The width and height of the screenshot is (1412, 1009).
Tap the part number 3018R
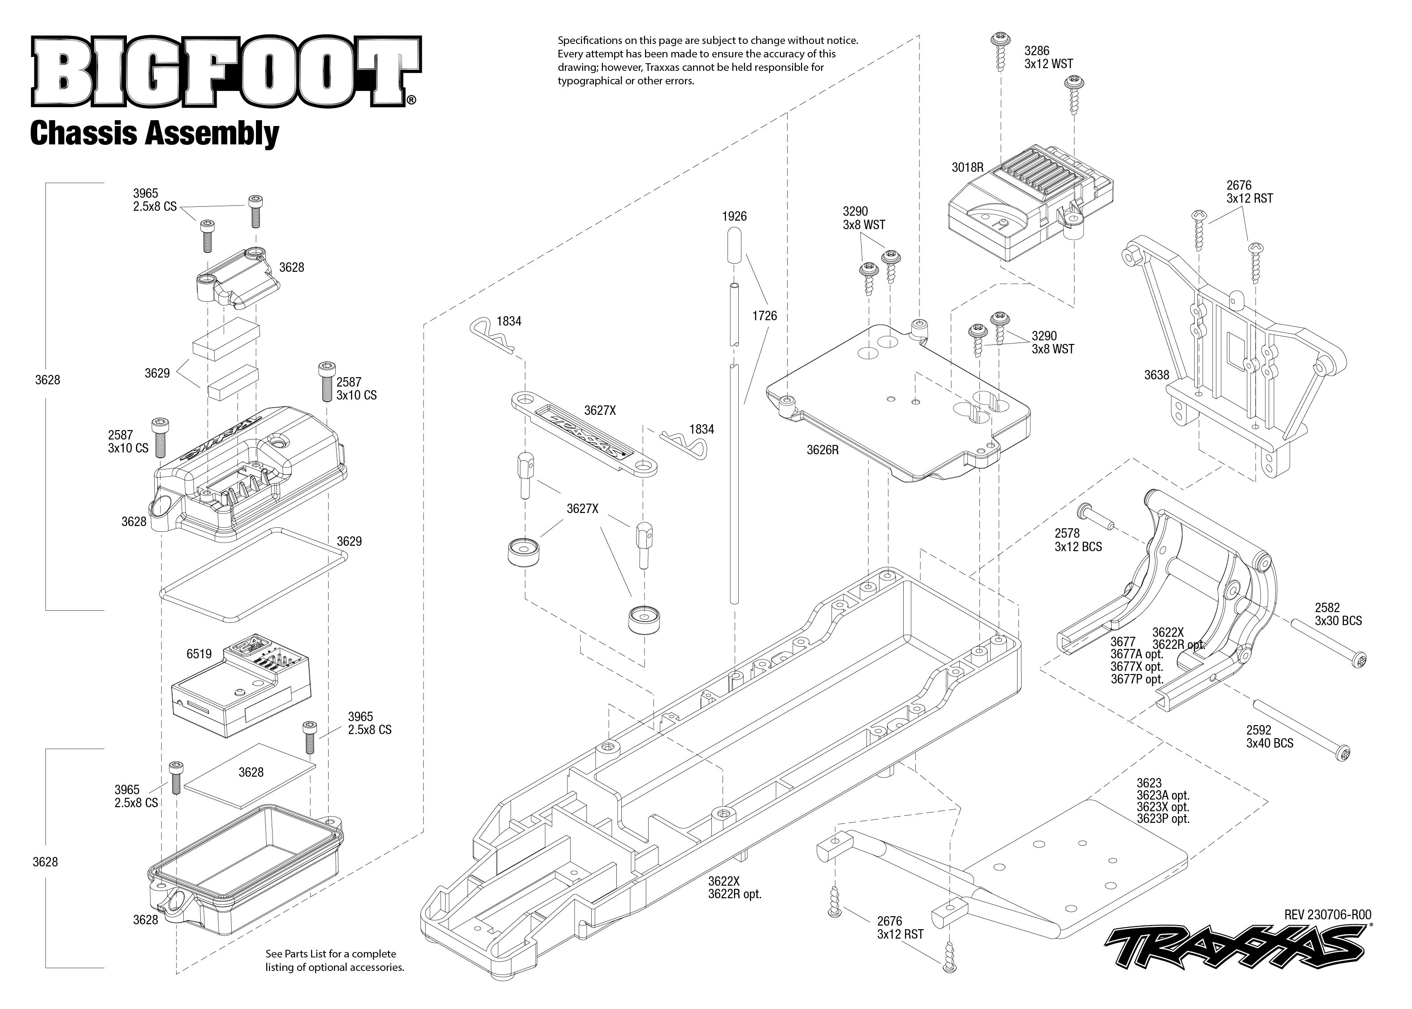pyautogui.click(x=967, y=167)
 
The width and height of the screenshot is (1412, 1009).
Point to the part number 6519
pyautogui.click(x=199, y=654)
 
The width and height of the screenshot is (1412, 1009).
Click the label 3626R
pyautogui.click(x=822, y=450)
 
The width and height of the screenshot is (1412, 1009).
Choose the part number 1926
pyautogui.click(x=734, y=216)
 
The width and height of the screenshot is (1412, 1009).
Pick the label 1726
pyautogui.click(x=764, y=316)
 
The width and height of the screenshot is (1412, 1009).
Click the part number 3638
pyautogui.click(x=1156, y=374)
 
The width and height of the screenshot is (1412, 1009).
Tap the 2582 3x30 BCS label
pyautogui.click(x=1338, y=614)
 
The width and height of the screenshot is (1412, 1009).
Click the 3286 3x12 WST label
pyautogui.click(x=1048, y=57)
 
